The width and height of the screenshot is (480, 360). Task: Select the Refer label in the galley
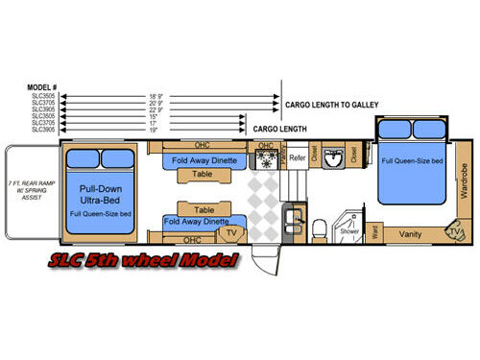(298, 156)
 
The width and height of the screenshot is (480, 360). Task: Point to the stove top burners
(265, 160)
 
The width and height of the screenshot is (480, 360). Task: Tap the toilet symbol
(319, 227)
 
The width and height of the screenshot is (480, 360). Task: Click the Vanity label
(411, 233)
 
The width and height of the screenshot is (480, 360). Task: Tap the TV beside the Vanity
(452, 231)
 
